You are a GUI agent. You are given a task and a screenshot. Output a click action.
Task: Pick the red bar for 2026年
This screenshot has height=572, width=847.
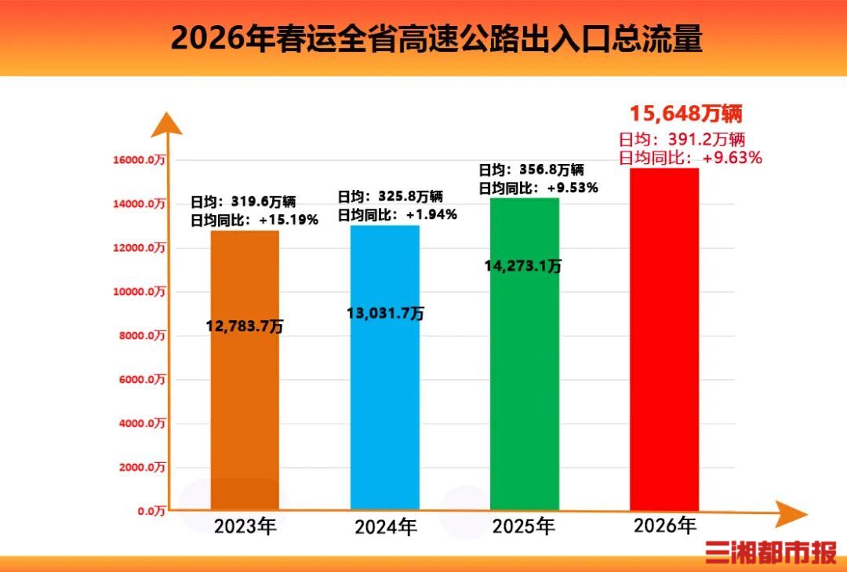click(663, 337)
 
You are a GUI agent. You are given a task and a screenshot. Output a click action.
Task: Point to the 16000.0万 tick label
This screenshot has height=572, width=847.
click(140, 160)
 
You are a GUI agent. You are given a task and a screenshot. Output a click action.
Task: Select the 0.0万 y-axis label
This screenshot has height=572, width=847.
click(151, 512)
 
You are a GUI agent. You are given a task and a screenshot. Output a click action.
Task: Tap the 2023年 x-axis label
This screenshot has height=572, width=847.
click(245, 526)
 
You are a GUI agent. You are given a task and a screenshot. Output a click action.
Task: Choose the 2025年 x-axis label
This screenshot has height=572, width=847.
click(523, 526)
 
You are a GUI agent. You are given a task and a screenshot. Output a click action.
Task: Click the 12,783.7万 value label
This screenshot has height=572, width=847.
click(245, 326)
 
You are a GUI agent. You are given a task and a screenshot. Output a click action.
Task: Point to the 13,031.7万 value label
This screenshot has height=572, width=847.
click(385, 313)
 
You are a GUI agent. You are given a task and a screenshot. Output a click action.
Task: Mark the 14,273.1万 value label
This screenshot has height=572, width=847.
click(523, 266)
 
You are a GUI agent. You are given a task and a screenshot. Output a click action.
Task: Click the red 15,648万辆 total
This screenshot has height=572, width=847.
click(685, 115)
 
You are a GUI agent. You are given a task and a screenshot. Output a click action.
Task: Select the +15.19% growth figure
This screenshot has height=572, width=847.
click(289, 220)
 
